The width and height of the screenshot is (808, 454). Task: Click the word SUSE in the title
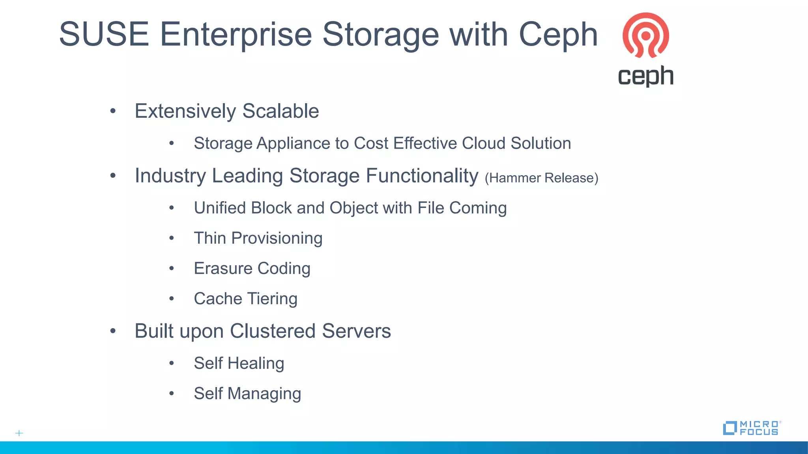tap(104, 34)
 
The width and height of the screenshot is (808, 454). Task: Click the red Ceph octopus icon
tap(645, 35)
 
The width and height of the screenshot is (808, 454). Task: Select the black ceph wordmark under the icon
tap(645, 76)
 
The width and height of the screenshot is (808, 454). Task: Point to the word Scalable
tap(281, 111)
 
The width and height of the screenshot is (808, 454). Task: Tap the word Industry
tap(170, 176)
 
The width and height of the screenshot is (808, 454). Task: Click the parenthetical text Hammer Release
tap(541, 178)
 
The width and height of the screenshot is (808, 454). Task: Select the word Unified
tap(219, 208)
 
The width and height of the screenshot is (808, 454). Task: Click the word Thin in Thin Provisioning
tap(209, 238)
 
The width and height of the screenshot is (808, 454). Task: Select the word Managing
tap(264, 394)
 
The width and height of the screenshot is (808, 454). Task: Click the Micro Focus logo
tap(751, 428)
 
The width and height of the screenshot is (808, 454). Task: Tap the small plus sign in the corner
tap(19, 433)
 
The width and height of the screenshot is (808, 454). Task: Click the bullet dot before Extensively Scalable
tap(113, 111)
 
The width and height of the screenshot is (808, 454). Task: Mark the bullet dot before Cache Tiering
tap(172, 299)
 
